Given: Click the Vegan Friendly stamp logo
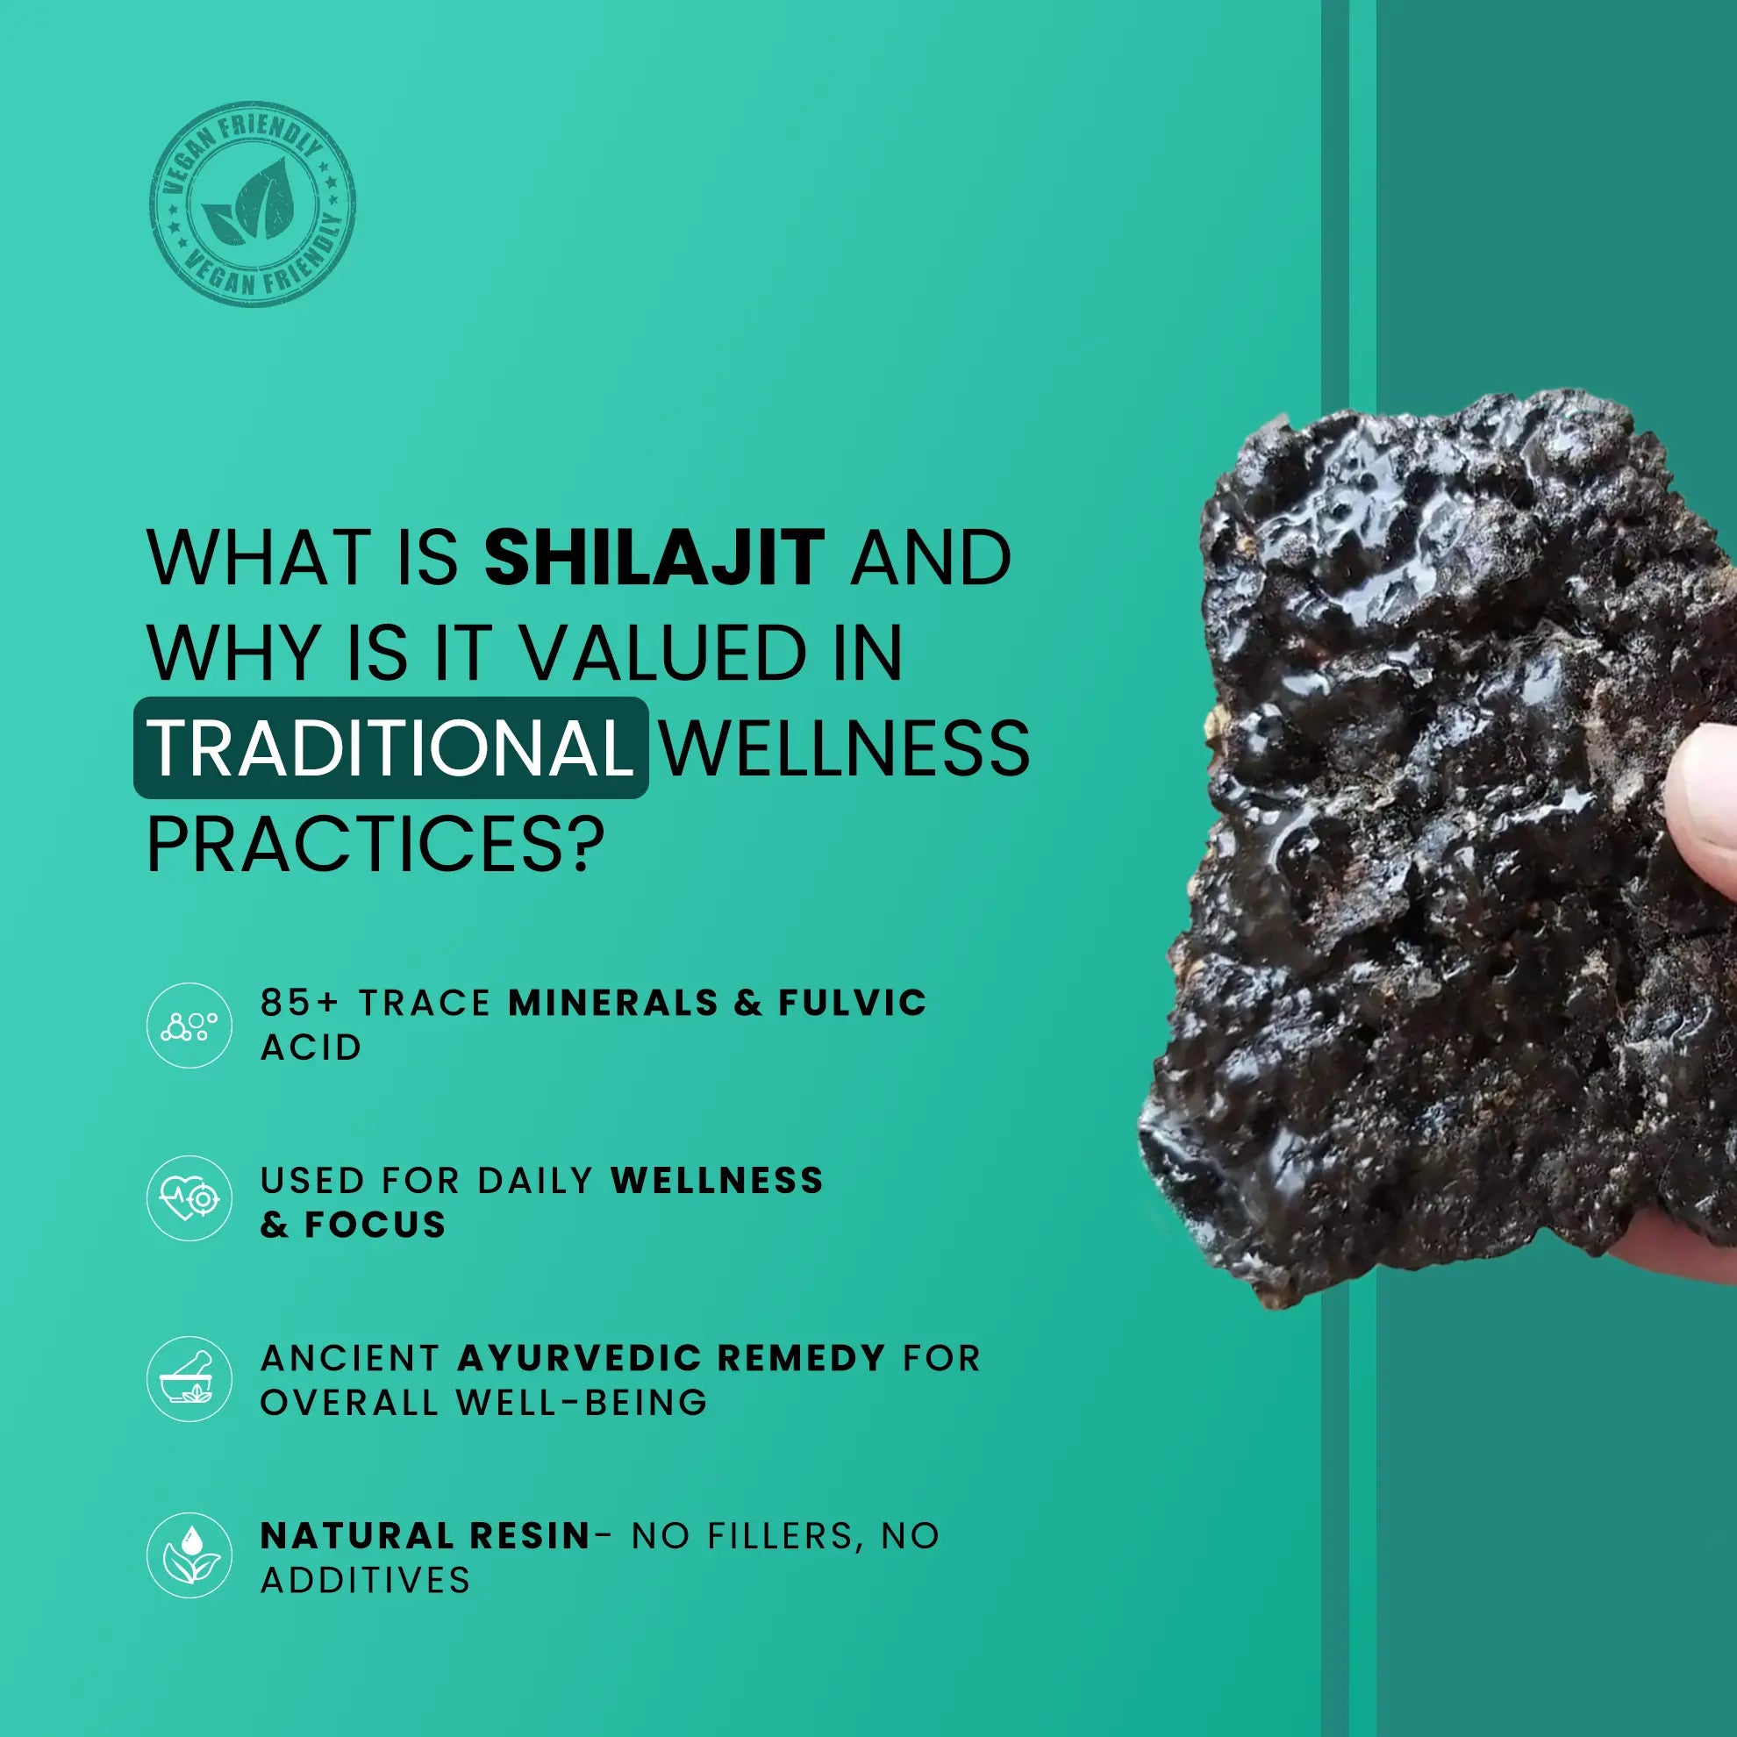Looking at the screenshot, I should click(x=253, y=204).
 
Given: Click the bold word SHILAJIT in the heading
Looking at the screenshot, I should click(x=654, y=557).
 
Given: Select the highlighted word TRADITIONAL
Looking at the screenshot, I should click(x=390, y=748).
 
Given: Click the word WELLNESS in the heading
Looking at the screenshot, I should click(x=845, y=748).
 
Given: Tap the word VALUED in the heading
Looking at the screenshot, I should click(x=664, y=653).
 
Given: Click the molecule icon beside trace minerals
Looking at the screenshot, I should click(x=189, y=1026).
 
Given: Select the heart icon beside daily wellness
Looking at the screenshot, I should click(x=189, y=1198).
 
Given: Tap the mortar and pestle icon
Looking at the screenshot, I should click(x=189, y=1378).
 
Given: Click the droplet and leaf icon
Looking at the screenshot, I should click(x=189, y=1555).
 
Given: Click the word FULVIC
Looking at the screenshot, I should click(x=853, y=1003).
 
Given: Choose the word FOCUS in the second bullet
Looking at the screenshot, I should click(x=375, y=1225).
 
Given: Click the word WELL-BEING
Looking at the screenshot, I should click(x=582, y=1403).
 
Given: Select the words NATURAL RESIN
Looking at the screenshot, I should click(x=425, y=1535).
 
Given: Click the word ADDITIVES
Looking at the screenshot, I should click(x=365, y=1580).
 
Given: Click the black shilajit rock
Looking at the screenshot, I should click(x=1439, y=854).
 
